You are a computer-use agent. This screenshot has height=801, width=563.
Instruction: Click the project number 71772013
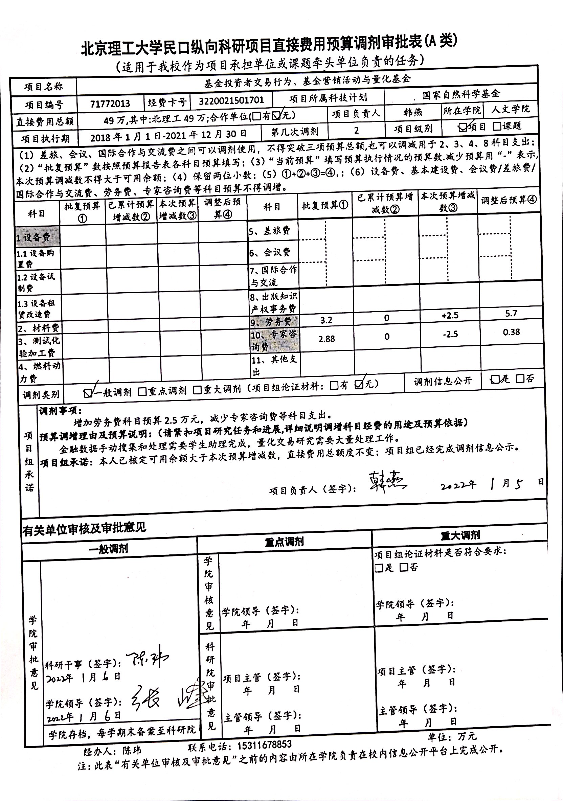click(x=110, y=104)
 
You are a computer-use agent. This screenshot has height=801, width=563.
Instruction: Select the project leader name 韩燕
click(x=412, y=112)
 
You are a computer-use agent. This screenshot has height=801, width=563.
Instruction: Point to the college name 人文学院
click(x=510, y=109)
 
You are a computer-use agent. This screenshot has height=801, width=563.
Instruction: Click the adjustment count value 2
click(x=356, y=131)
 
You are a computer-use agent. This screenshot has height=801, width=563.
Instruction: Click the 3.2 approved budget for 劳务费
click(x=326, y=320)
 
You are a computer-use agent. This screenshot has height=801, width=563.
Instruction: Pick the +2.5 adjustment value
click(x=450, y=315)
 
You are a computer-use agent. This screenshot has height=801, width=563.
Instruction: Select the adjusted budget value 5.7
click(x=511, y=313)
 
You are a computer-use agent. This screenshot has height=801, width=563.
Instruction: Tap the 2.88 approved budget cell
click(x=326, y=339)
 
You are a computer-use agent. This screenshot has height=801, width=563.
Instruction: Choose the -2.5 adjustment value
click(x=450, y=334)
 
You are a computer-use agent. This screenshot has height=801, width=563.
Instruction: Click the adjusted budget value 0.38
click(x=511, y=332)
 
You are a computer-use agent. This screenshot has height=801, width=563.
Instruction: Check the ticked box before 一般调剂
click(x=88, y=393)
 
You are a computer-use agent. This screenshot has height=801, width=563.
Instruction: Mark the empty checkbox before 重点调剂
click(x=142, y=391)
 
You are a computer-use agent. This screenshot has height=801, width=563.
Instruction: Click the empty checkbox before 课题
click(x=497, y=126)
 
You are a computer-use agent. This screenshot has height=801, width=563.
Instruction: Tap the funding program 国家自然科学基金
click(x=461, y=94)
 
